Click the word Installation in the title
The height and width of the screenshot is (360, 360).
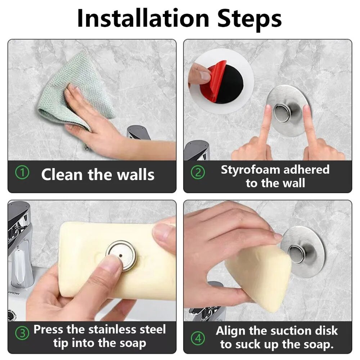point(143,18)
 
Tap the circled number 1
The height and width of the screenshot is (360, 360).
point(22,173)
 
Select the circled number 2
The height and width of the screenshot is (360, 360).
point(198,173)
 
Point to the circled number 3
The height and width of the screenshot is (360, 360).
point(22,333)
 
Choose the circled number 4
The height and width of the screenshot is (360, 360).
point(198,338)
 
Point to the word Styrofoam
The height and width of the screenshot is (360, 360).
point(250,170)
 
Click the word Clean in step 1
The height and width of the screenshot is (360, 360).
point(62,175)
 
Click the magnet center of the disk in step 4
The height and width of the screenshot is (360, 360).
point(298,254)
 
